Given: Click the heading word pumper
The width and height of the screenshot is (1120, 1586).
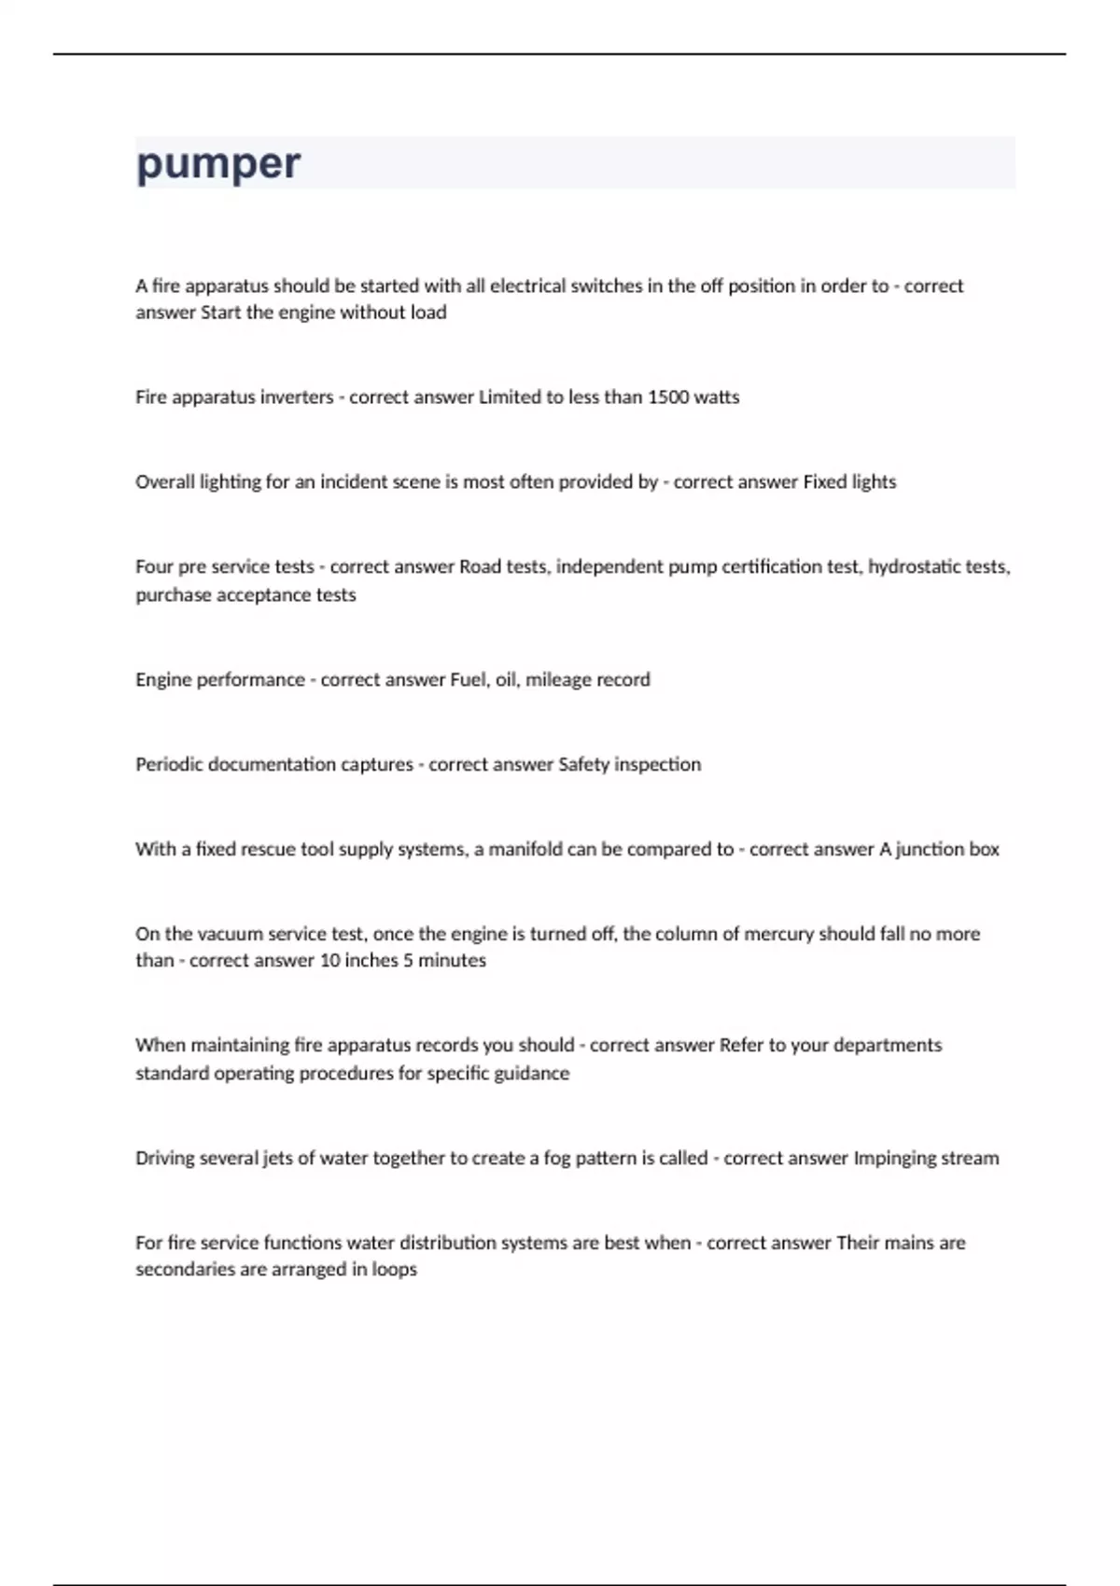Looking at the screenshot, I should point(218,164).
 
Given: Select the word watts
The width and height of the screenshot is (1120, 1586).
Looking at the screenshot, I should point(717,397).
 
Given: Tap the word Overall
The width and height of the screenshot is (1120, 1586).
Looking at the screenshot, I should point(165,482).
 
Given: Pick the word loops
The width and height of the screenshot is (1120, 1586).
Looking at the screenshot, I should point(394,1270).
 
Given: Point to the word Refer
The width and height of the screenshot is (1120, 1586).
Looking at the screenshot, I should point(741,1046).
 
